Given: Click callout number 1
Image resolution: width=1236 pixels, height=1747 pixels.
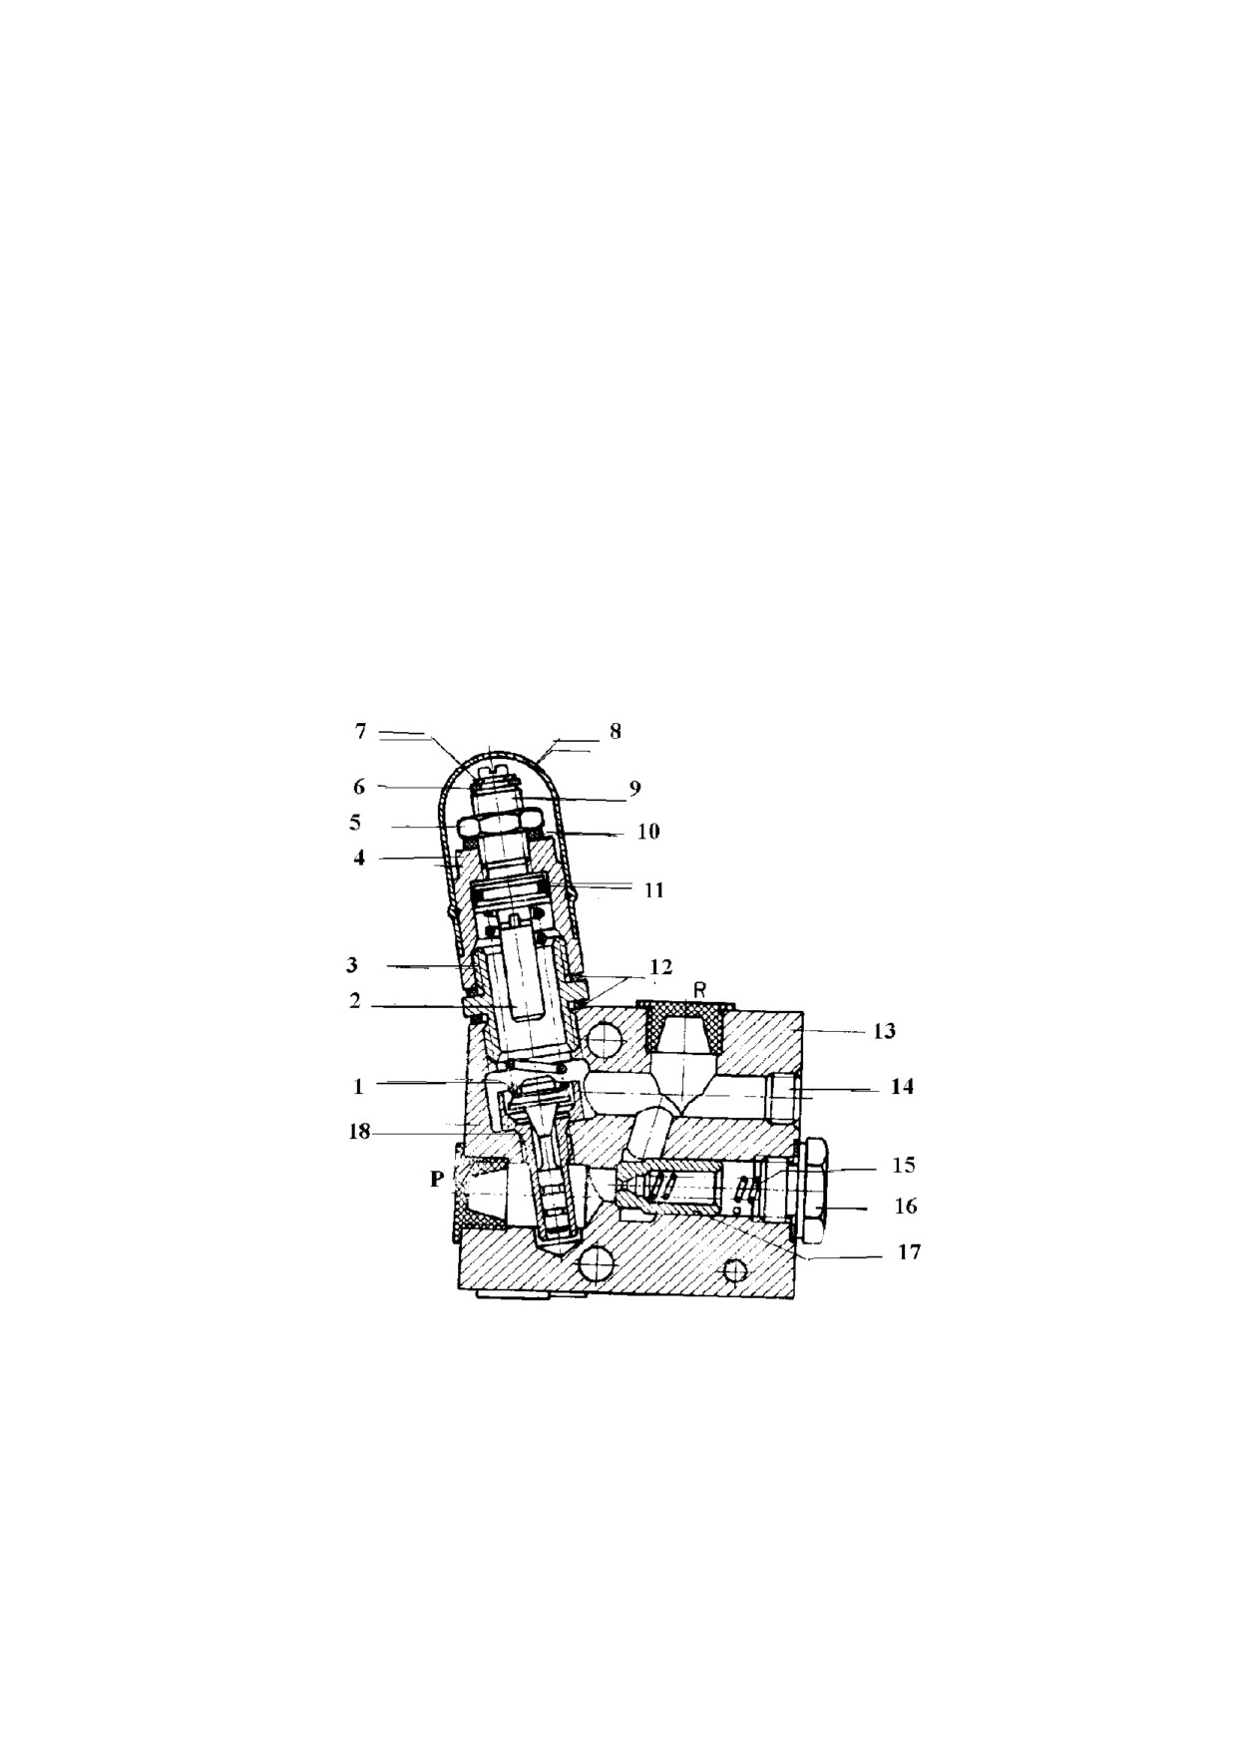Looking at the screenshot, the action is [x=359, y=1087].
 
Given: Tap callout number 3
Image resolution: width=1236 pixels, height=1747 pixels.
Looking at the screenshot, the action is [x=352, y=965].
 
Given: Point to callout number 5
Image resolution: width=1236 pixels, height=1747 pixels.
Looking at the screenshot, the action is [x=355, y=823].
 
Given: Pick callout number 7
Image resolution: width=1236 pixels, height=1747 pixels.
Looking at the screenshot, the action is [x=361, y=731].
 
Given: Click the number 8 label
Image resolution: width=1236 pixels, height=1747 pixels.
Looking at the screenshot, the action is [x=616, y=731].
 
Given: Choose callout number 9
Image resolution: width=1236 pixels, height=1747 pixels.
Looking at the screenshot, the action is [x=634, y=787].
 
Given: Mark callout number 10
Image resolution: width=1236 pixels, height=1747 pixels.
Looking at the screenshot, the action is [x=648, y=831].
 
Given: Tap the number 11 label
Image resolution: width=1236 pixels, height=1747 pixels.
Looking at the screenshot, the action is [x=653, y=888].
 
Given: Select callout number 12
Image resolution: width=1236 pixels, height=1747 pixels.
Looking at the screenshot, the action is [x=660, y=966].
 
